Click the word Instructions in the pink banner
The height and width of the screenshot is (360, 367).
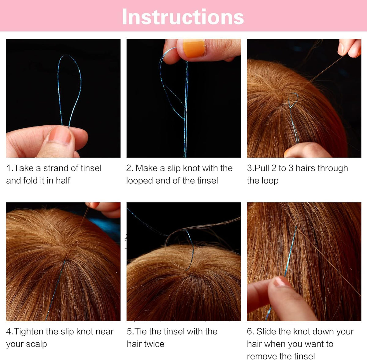click(183, 17)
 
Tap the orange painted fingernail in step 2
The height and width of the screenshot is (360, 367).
click(194, 48)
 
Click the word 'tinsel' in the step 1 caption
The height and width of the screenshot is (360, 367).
click(91, 168)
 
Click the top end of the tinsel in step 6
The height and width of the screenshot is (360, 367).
click(296, 227)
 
